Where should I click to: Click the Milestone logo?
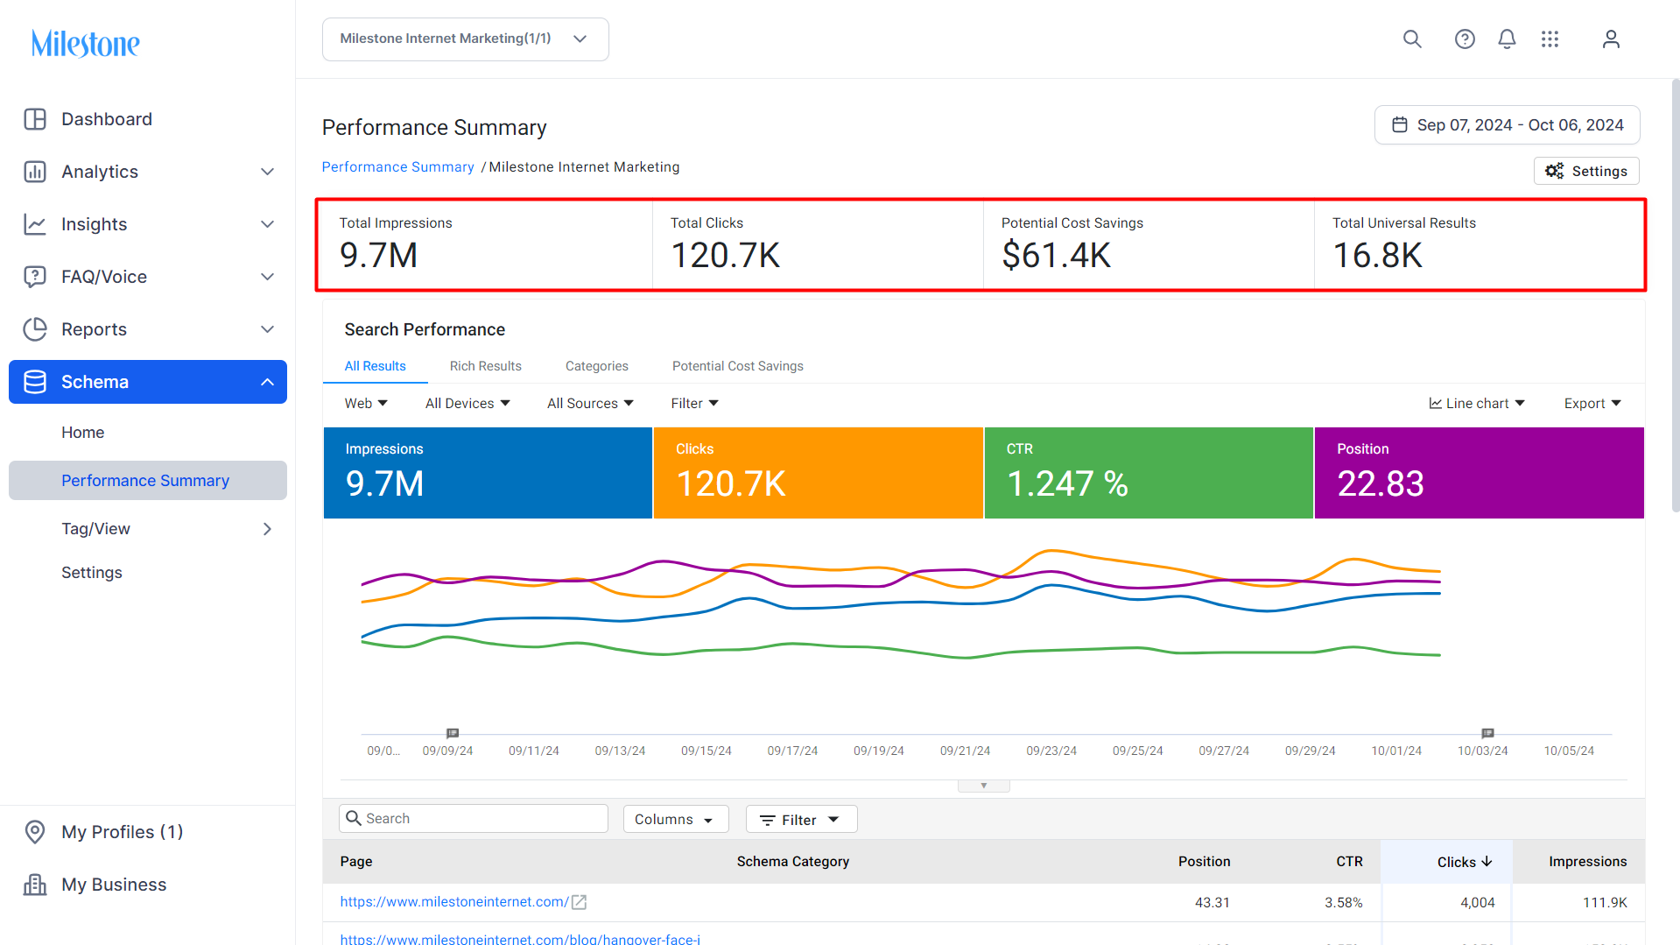coord(85,43)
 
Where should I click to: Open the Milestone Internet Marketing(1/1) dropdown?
coord(465,39)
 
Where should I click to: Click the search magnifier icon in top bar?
coord(1412,39)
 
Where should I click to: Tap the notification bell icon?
coord(1507,39)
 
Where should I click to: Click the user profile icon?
coord(1611,39)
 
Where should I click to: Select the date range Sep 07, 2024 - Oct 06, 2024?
coord(1507,125)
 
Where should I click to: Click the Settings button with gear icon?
coord(1586,171)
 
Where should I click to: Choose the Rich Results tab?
coord(485,366)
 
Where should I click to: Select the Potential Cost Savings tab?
coord(737,366)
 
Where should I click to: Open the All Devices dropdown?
coord(467,403)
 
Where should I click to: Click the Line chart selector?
coord(1477,403)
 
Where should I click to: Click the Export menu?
coord(1592,403)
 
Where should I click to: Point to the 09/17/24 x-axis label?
coord(792,751)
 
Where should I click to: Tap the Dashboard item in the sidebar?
coord(106,119)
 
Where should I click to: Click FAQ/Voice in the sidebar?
coord(104,277)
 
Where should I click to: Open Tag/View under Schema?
coord(95,529)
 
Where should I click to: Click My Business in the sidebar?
coord(114,885)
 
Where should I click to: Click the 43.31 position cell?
coord(1212,902)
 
